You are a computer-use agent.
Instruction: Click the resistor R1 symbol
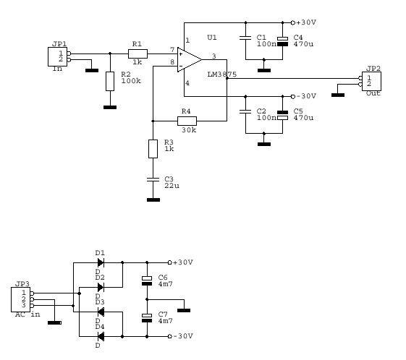[x=138, y=53]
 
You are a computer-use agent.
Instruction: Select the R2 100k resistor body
[x=110, y=81]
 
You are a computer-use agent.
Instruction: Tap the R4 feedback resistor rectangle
[x=187, y=121]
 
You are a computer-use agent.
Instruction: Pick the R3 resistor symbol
[x=153, y=149]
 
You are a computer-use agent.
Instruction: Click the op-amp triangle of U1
[x=190, y=60]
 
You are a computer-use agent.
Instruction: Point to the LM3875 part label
[x=222, y=74]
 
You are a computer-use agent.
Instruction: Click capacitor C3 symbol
[x=153, y=179]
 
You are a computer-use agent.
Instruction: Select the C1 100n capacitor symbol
[x=245, y=38]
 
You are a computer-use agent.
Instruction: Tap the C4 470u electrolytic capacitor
[x=282, y=41]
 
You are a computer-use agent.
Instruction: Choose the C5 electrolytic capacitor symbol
[x=282, y=116]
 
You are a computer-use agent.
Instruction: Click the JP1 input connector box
[x=57, y=56]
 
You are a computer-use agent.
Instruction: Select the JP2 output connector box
[x=371, y=81]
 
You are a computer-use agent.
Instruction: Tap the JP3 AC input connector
[x=21, y=299]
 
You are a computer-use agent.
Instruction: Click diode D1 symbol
[x=101, y=262]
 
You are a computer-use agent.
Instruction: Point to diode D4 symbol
[x=101, y=336]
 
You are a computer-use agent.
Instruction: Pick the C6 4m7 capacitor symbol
[x=147, y=281]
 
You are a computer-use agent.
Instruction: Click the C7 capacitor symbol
[x=147, y=318]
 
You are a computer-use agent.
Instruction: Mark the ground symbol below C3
[x=153, y=200]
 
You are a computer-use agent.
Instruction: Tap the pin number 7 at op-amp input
[x=172, y=50]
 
